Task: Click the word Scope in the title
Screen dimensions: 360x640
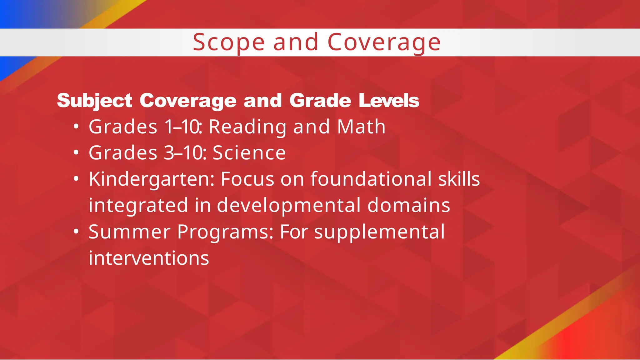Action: click(228, 42)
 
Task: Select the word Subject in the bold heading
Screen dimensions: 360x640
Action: click(94, 101)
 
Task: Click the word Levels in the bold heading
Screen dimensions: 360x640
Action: click(389, 101)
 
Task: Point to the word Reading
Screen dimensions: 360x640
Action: click(247, 127)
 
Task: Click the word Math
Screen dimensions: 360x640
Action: click(361, 127)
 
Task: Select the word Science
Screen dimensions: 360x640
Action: click(249, 153)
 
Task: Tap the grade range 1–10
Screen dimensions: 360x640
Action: click(182, 127)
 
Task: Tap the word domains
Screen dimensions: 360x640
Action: click(409, 205)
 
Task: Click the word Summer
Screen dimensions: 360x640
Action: click(129, 232)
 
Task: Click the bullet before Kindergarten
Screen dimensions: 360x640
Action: click(76, 179)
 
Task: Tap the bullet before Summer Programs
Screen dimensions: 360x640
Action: click(76, 232)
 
